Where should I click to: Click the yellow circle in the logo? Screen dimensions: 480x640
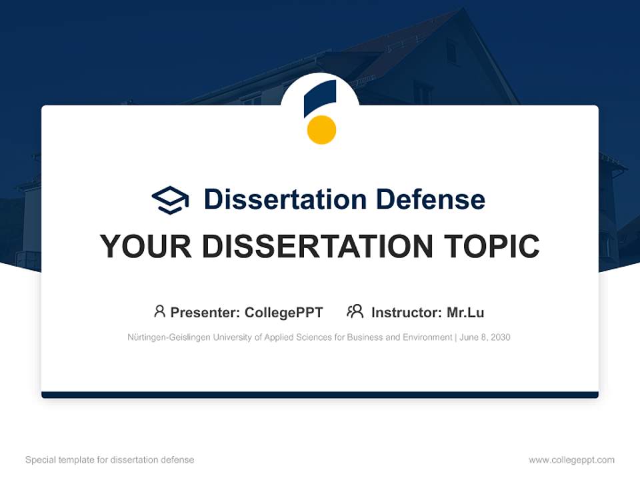click(321, 129)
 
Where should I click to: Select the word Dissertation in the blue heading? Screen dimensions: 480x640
click(285, 199)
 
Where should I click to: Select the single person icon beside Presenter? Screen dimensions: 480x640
click(159, 311)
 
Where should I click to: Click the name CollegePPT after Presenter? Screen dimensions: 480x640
click(284, 313)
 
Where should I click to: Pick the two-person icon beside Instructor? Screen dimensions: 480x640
click(355, 311)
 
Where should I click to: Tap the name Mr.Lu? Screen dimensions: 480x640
click(465, 313)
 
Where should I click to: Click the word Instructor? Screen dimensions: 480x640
click(405, 313)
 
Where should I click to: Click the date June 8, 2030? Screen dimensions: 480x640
click(485, 337)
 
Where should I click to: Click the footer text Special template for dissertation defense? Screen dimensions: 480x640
click(109, 460)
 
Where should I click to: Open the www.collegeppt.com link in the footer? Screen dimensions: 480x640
click(571, 460)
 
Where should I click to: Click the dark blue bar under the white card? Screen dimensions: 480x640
click(320, 395)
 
